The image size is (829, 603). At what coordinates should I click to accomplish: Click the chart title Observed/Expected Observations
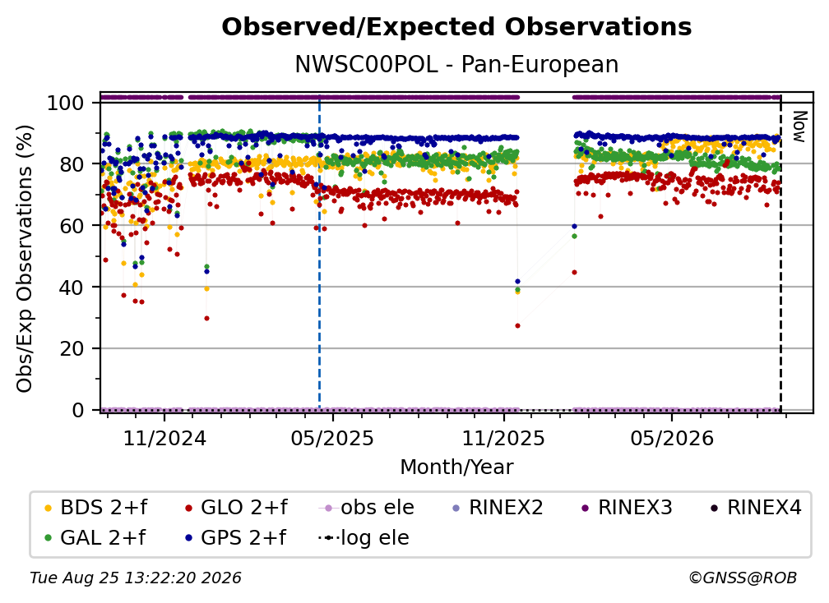pyautogui.click(x=456, y=27)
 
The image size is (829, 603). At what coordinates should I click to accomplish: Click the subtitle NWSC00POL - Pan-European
pyautogui.click(x=456, y=65)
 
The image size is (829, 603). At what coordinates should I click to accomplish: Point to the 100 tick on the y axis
pyautogui.click(x=66, y=103)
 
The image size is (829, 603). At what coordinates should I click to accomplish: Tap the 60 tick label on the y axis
pyautogui.click(x=72, y=226)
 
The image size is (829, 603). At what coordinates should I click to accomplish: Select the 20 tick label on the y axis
pyautogui.click(x=72, y=349)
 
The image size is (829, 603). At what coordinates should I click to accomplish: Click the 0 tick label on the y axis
pyautogui.click(x=78, y=410)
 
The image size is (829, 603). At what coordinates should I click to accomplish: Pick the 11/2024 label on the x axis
pyautogui.click(x=164, y=439)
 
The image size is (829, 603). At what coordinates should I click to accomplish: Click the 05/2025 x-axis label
pyautogui.click(x=332, y=439)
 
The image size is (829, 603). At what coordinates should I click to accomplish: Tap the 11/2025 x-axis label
pyautogui.click(x=503, y=439)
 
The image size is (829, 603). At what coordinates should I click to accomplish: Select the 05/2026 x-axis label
pyautogui.click(x=671, y=439)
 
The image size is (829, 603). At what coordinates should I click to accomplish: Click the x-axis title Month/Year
pyautogui.click(x=456, y=467)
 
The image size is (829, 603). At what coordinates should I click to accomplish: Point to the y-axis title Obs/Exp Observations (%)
pyautogui.click(x=25, y=259)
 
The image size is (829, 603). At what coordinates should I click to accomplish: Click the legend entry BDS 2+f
pyautogui.click(x=95, y=508)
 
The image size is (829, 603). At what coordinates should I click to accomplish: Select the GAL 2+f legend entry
pyautogui.click(x=95, y=538)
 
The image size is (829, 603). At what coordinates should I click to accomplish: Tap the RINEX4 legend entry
pyautogui.click(x=756, y=508)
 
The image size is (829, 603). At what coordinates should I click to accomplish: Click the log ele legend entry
pyautogui.click(x=364, y=538)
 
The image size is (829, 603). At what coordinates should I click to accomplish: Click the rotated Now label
pyautogui.click(x=799, y=127)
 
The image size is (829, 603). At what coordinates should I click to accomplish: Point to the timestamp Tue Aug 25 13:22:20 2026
pyautogui.click(x=136, y=578)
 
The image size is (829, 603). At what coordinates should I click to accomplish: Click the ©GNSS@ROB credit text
pyautogui.click(x=743, y=578)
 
